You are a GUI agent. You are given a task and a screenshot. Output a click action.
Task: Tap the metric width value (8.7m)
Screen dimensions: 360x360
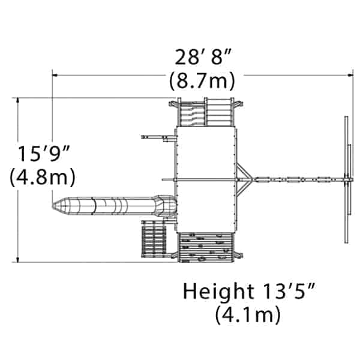pyautogui.click(x=202, y=80)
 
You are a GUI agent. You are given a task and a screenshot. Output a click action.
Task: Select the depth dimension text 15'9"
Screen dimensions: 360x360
pyautogui.click(x=44, y=153)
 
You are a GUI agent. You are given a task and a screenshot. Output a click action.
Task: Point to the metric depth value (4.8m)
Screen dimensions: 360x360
pyautogui.click(x=43, y=177)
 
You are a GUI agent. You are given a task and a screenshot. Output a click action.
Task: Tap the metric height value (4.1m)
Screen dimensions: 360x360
pyautogui.click(x=248, y=314)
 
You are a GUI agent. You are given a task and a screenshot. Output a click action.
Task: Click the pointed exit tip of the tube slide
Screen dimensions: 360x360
pyautogui.click(x=53, y=205)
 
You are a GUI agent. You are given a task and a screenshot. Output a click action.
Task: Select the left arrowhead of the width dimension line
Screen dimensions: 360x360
pyautogui.click(x=55, y=75)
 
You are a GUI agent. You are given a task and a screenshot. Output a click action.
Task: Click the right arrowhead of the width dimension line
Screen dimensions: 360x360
pyautogui.click(x=350, y=75)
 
